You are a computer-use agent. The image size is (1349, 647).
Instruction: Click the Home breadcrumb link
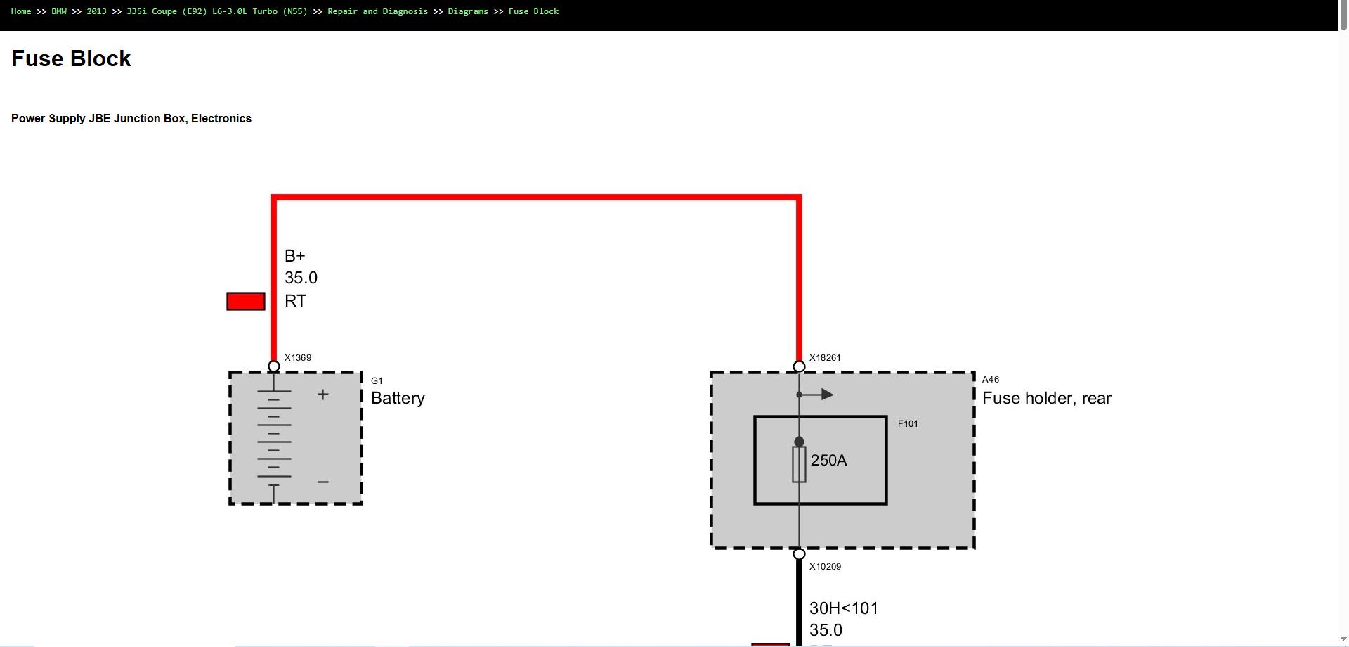click(x=21, y=11)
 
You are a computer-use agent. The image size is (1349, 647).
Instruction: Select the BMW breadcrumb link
click(x=59, y=11)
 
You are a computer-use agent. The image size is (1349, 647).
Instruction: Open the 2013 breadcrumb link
click(x=96, y=11)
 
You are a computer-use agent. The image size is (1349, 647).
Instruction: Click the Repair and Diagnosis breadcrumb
click(x=377, y=11)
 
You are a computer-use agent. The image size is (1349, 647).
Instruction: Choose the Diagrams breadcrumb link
click(x=468, y=11)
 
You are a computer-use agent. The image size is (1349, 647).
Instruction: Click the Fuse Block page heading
click(x=71, y=58)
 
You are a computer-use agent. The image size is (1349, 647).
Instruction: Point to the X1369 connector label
click(x=298, y=357)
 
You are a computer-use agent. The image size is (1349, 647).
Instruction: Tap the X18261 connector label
click(x=825, y=357)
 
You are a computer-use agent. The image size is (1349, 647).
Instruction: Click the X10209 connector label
click(x=825, y=566)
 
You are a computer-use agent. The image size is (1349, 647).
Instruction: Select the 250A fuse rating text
click(x=829, y=461)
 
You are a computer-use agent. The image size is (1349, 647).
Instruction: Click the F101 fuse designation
click(x=908, y=423)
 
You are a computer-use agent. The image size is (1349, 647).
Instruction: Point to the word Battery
click(x=398, y=398)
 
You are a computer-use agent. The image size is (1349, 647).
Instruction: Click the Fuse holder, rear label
click(x=1047, y=398)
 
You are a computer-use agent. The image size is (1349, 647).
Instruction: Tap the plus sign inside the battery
click(x=323, y=395)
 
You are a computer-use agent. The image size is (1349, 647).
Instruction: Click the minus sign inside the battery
click(x=323, y=482)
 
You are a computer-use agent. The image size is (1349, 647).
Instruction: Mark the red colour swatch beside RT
click(x=246, y=301)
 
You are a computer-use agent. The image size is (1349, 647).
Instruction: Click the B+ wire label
click(x=295, y=256)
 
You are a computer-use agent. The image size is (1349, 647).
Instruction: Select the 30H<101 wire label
click(x=844, y=608)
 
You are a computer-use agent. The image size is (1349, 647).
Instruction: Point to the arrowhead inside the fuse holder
click(x=828, y=395)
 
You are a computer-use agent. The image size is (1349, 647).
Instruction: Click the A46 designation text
click(x=991, y=379)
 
